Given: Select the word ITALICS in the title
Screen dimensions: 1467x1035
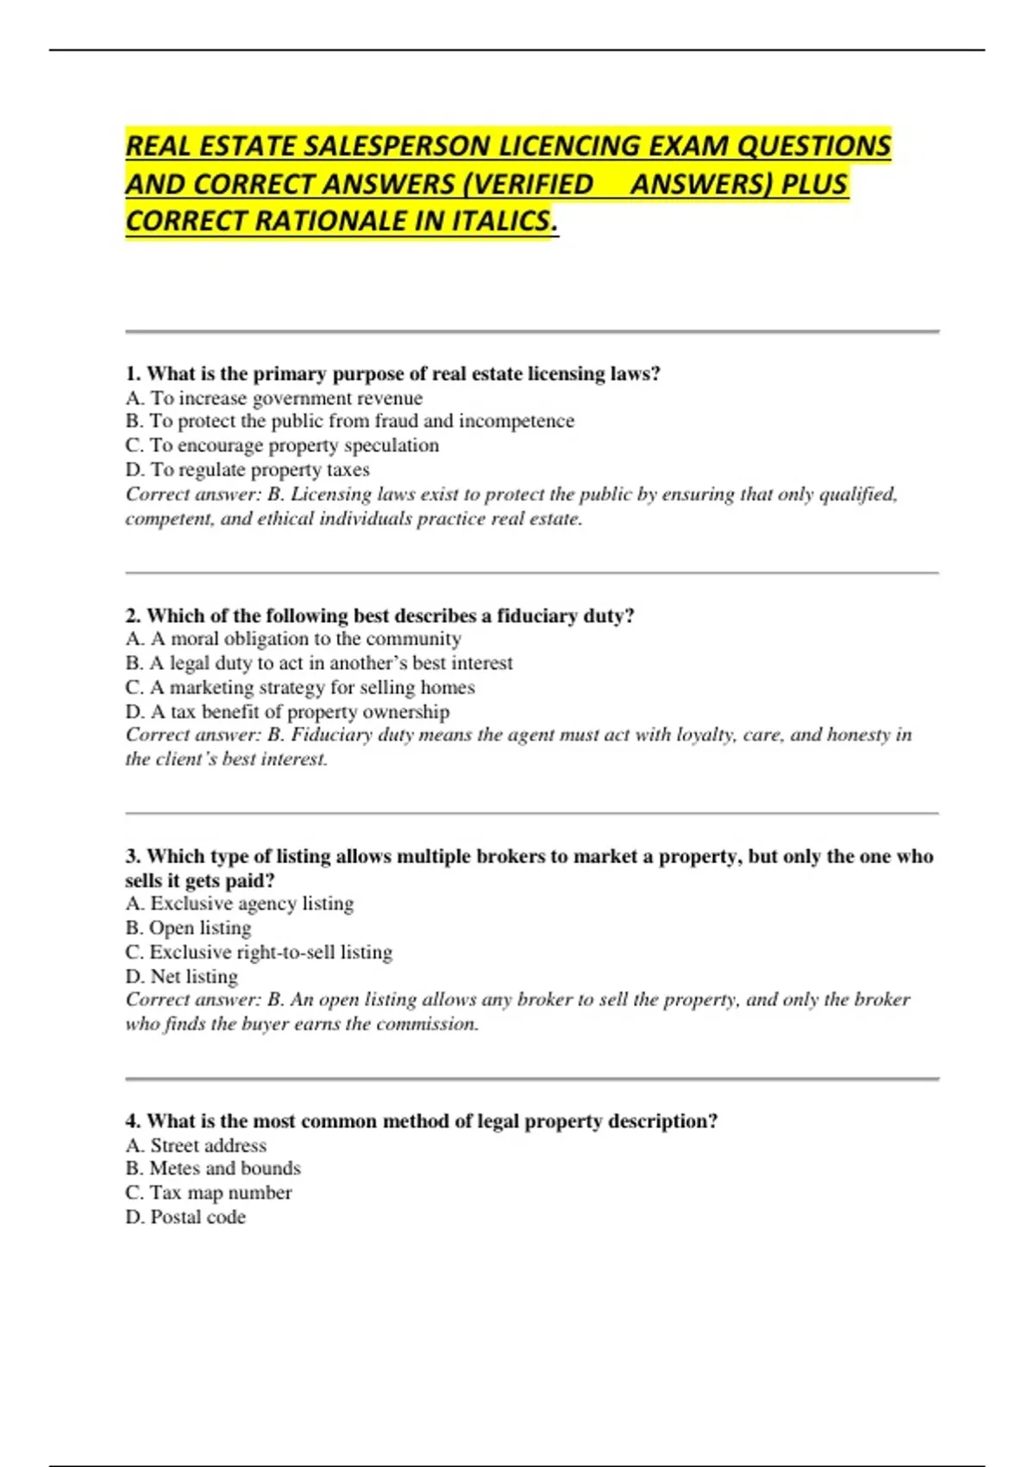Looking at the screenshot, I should (x=500, y=221).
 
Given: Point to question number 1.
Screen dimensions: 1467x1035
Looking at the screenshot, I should (x=133, y=374).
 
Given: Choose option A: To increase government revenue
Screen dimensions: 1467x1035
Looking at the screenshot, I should (x=274, y=398).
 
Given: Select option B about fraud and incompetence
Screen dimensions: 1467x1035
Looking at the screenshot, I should (x=349, y=421).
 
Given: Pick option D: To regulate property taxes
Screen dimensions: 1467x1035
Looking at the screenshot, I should (x=248, y=469).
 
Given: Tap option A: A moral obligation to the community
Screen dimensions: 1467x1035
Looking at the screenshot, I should (x=293, y=639).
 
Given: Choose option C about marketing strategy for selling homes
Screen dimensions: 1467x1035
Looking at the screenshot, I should (x=300, y=687).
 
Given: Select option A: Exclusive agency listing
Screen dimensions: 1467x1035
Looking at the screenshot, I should (x=240, y=903).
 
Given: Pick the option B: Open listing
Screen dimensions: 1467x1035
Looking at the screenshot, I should (x=188, y=928).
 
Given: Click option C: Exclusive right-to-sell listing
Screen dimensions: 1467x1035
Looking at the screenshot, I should (x=259, y=952).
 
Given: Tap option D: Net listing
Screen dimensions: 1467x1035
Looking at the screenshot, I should (x=181, y=976).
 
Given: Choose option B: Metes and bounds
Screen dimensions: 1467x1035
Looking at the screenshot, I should (x=213, y=1168).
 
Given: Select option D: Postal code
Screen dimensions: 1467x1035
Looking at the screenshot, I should (x=185, y=1217).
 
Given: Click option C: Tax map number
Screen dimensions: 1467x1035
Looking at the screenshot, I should (x=209, y=1193).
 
